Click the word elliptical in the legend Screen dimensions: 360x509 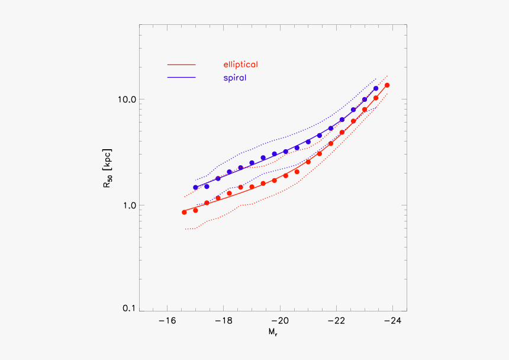[240, 64]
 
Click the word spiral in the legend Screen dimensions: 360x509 [235, 78]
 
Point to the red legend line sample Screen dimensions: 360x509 [182, 64]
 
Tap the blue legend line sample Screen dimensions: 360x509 [182, 78]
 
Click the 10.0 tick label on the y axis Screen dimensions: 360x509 [125, 99]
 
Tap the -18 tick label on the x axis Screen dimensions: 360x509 [223, 322]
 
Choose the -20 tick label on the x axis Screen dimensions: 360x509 [279, 322]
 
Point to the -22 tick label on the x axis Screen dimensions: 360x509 [336, 322]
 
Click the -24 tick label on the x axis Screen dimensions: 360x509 [391, 322]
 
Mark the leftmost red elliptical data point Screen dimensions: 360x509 [184, 212]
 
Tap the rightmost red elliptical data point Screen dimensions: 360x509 [387, 85]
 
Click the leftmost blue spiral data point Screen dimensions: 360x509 [195, 187]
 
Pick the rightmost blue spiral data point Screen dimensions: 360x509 [376, 88]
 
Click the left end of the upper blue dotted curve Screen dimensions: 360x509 [196, 180]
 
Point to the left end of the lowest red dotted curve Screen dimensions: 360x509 [185, 229]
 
